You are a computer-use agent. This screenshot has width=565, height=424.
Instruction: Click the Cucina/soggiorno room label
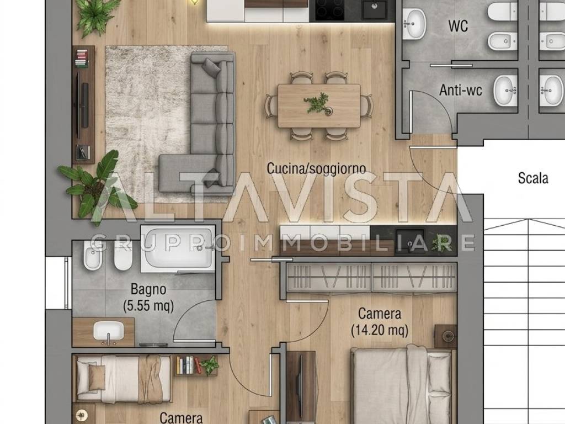(316, 169)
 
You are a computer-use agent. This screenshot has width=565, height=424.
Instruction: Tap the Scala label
(533, 178)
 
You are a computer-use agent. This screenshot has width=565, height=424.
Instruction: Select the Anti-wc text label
(461, 90)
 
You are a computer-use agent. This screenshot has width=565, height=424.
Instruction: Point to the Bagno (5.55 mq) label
(148, 298)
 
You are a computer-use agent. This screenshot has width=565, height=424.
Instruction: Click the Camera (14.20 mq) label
(380, 322)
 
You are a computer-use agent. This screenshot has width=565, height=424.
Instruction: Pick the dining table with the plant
(319, 105)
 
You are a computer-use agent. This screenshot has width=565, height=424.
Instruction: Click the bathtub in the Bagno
(178, 248)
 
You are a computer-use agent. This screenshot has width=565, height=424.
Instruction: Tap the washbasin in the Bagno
(109, 331)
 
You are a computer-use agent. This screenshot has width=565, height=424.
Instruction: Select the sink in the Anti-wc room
(505, 91)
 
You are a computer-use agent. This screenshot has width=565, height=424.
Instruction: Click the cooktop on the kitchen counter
(329, 10)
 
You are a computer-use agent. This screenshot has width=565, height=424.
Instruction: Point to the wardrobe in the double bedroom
(371, 277)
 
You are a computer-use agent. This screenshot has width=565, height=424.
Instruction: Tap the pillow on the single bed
(97, 378)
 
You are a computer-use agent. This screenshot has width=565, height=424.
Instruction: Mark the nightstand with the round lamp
(445, 336)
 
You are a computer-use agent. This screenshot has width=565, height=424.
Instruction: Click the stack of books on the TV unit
(82, 59)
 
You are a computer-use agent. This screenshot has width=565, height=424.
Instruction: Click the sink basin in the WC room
(414, 23)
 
